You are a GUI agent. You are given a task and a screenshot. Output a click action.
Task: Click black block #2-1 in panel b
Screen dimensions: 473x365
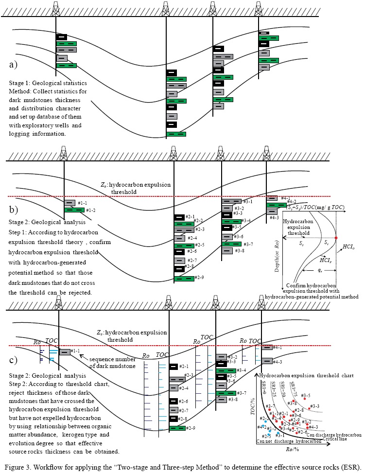click(179, 217)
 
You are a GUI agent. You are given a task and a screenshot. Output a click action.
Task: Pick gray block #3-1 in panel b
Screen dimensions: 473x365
click(232, 201)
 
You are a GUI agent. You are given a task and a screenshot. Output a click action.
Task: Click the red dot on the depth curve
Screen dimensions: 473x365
click(336, 237)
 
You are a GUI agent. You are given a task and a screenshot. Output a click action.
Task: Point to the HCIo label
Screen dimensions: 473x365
click(348, 247)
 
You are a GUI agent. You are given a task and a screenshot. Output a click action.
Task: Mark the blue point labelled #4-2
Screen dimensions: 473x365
click(263, 426)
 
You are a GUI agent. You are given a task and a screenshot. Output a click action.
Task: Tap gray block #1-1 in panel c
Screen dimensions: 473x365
click(65, 352)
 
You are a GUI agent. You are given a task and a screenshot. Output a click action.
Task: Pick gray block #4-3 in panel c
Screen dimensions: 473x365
click(266, 361)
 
